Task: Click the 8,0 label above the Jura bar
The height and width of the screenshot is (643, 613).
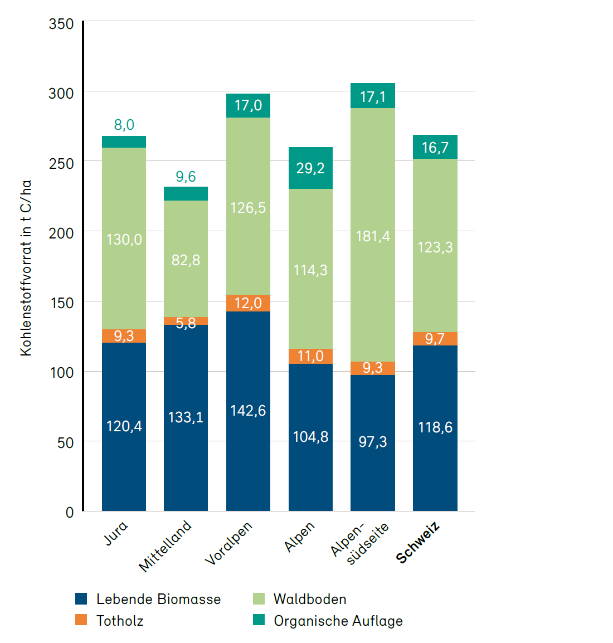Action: pyautogui.click(x=124, y=125)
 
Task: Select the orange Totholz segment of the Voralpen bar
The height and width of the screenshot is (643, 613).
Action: pyautogui.click(x=248, y=303)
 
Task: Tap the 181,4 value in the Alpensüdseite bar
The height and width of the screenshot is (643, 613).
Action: pyautogui.click(x=373, y=236)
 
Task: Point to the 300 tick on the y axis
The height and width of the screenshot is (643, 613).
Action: pyautogui.click(x=61, y=94)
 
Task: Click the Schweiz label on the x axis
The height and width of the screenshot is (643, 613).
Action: pyautogui.click(x=418, y=543)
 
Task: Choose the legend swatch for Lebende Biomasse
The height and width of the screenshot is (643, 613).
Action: pyautogui.click(x=81, y=599)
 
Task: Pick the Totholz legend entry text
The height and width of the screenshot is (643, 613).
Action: pyautogui.click(x=120, y=621)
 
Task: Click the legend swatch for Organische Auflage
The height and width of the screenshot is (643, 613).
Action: pyautogui.click(x=259, y=620)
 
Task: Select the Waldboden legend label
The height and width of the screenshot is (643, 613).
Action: pyautogui.click(x=310, y=599)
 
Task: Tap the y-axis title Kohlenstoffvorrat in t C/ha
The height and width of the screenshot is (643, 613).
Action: pyautogui.click(x=26, y=268)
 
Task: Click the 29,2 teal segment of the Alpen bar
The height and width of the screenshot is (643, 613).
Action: pyautogui.click(x=310, y=168)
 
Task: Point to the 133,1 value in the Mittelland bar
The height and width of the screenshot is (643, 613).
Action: pyautogui.click(x=186, y=417)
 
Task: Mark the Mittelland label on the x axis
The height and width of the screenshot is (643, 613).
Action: pyautogui.click(x=165, y=546)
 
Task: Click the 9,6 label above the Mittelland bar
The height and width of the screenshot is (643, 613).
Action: pyautogui.click(x=186, y=177)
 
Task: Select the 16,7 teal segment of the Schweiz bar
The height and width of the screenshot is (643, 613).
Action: pyautogui.click(x=435, y=148)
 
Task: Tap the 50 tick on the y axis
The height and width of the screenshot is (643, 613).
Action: pyautogui.click(x=65, y=442)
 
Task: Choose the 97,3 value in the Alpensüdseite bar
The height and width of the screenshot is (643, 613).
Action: pyautogui.click(x=373, y=442)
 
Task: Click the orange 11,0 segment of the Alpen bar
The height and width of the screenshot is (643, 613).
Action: pyautogui.click(x=310, y=356)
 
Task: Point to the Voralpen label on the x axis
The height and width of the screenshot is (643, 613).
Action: pyautogui.click(x=228, y=543)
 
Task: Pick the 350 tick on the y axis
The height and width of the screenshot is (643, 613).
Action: pyautogui.click(x=61, y=24)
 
